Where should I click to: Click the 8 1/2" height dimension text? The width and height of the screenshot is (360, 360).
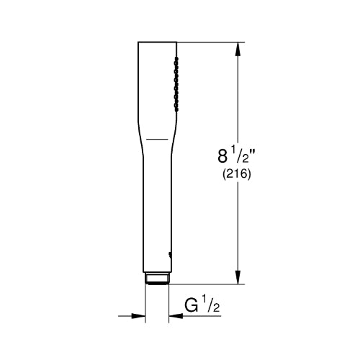[x=236, y=156]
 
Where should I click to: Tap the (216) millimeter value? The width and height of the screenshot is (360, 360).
[x=237, y=174]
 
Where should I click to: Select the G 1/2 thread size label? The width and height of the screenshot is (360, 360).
[x=202, y=305]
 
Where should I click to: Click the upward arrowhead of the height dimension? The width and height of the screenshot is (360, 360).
[x=238, y=49]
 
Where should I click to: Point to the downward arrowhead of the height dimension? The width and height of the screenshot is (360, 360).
[x=238, y=277]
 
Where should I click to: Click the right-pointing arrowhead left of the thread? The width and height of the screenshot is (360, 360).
[x=138, y=316]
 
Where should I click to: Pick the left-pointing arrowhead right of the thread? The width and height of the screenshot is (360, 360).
[x=176, y=316]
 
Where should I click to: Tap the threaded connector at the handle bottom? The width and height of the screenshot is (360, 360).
[x=157, y=279]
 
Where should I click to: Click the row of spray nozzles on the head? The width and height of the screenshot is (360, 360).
[x=176, y=84]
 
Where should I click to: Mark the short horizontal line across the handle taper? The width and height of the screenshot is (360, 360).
[x=157, y=139]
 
